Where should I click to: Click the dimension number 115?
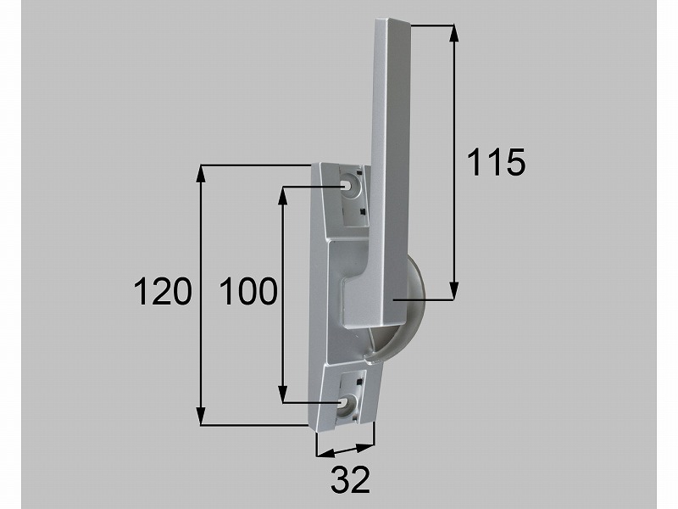coord(497,162)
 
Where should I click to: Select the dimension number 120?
coord(163,291)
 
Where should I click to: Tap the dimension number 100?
coord(248,291)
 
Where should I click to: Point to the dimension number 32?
coord(351,479)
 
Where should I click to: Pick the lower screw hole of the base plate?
coord(343,403)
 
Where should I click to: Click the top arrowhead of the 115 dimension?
coord(453,34)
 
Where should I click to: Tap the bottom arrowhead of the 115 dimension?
coord(453,290)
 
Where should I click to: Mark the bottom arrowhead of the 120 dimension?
coord(201,417)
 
